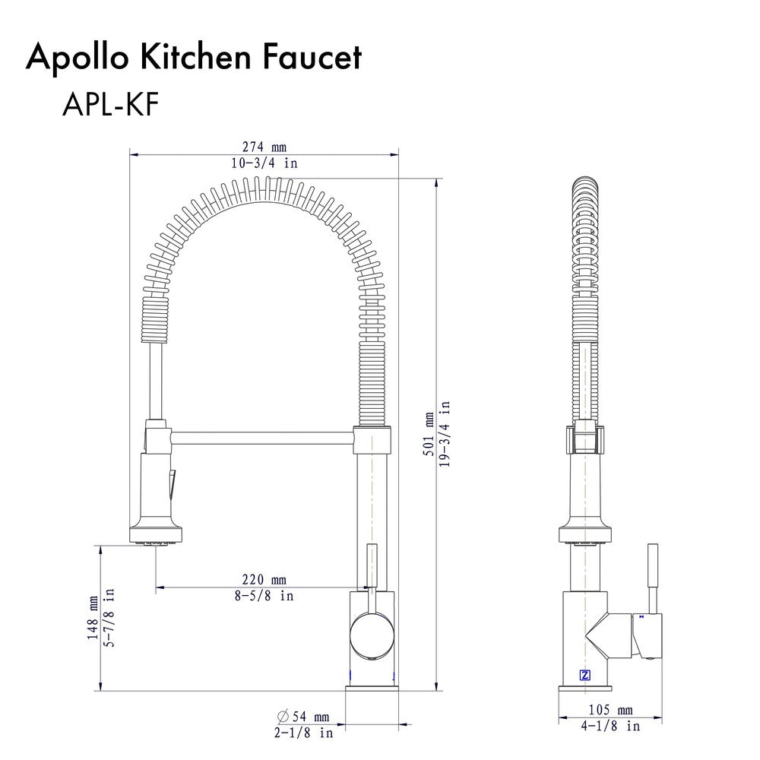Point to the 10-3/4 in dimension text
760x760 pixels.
pyautogui.click(x=264, y=163)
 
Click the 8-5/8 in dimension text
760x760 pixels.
pyautogui.click(x=264, y=595)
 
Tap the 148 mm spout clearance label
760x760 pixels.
pyautogui.click(x=93, y=618)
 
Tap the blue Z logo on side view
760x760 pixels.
pyautogui.click(x=584, y=674)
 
